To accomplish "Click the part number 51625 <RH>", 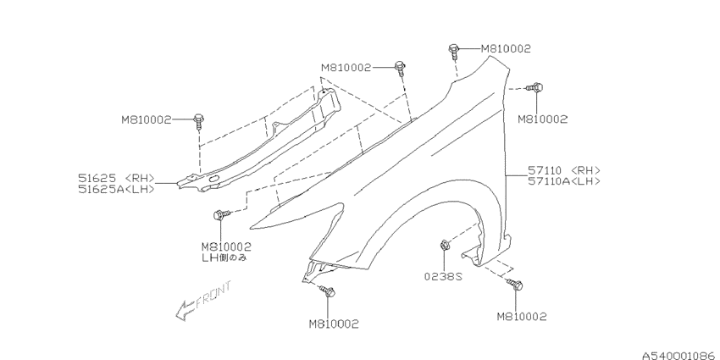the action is [x=116, y=179].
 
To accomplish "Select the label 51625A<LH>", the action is [x=116, y=189].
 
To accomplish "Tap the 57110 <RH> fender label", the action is [x=564, y=171].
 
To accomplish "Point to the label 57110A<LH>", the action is [x=564, y=181].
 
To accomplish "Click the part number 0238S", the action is [x=443, y=276].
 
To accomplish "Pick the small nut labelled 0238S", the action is [x=445, y=245].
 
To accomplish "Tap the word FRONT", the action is [x=213, y=295].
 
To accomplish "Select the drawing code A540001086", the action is [x=680, y=356].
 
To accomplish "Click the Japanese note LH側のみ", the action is [x=224, y=258].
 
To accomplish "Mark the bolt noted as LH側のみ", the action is [x=222, y=214].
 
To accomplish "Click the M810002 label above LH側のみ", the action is [x=226, y=247].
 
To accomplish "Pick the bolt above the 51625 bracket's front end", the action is [x=198, y=122].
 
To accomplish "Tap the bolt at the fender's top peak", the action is [x=454, y=51].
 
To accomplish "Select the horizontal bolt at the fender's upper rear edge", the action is [x=535, y=86].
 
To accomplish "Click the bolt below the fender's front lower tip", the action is [x=328, y=291].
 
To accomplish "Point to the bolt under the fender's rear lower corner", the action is [x=515, y=285].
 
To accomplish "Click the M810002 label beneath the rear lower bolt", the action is [x=522, y=317].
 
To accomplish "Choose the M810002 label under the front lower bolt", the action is [x=334, y=324].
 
